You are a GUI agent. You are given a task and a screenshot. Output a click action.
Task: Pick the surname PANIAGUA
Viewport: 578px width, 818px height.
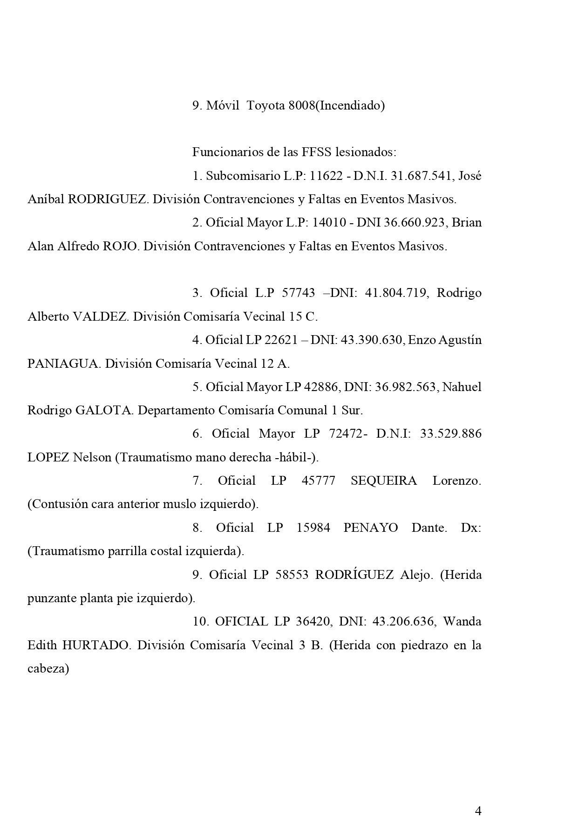coord(63,364)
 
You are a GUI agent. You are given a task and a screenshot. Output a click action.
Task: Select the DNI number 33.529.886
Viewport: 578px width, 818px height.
coord(450,434)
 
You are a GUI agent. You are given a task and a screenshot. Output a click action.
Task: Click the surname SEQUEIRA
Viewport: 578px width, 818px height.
coord(384,481)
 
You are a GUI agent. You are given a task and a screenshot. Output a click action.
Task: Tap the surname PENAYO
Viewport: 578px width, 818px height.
coord(371,528)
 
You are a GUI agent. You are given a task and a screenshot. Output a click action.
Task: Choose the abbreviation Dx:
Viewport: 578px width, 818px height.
coord(471,528)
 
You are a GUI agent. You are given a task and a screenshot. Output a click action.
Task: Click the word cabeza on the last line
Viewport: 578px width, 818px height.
coord(48,669)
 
